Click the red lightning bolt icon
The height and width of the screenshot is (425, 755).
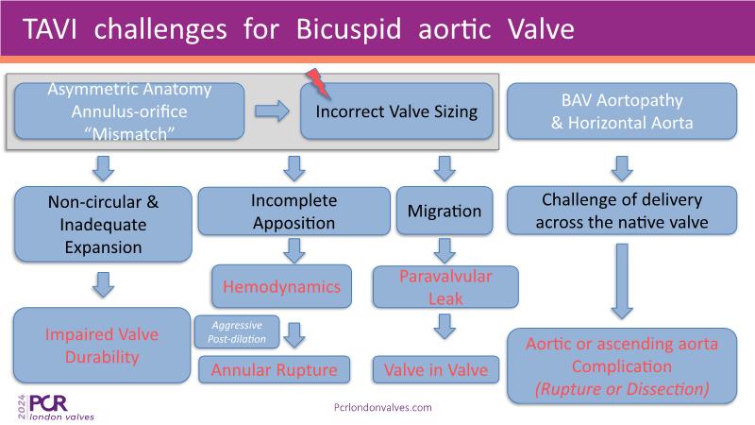coord(317,83)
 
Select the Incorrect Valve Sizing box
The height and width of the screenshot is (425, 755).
coord(396,111)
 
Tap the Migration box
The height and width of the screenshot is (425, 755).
coord(445,211)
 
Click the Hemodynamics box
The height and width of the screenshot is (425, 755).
coord(281,286)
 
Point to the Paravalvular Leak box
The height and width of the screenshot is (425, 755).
coord(445,287)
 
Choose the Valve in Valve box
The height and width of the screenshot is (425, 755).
coord(436,369)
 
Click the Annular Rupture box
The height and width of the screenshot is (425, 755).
coord(274,369)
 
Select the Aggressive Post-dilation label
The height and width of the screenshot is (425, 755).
coord(237,332)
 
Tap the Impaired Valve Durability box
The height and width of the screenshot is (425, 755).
coord(102,346)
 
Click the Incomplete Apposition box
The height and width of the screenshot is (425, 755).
coord(294,211)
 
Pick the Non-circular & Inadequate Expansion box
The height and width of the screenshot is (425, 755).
coord(103,225)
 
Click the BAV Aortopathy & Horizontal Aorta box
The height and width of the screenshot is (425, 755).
coord(622,111)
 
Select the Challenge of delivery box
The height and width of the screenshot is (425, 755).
coord(622,211)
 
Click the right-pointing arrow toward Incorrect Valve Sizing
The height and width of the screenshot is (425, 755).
coord(272,111)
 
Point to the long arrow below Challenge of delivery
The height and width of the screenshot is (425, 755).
coord(622,281)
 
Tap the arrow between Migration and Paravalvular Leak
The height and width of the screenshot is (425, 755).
coord(445,250)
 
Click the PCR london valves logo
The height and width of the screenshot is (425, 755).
coord(56,408)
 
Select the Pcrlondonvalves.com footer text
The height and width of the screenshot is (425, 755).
coord(383,408)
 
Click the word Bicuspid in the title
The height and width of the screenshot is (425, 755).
coord(348,29)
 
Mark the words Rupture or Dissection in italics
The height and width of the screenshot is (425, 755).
coord(622,389)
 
